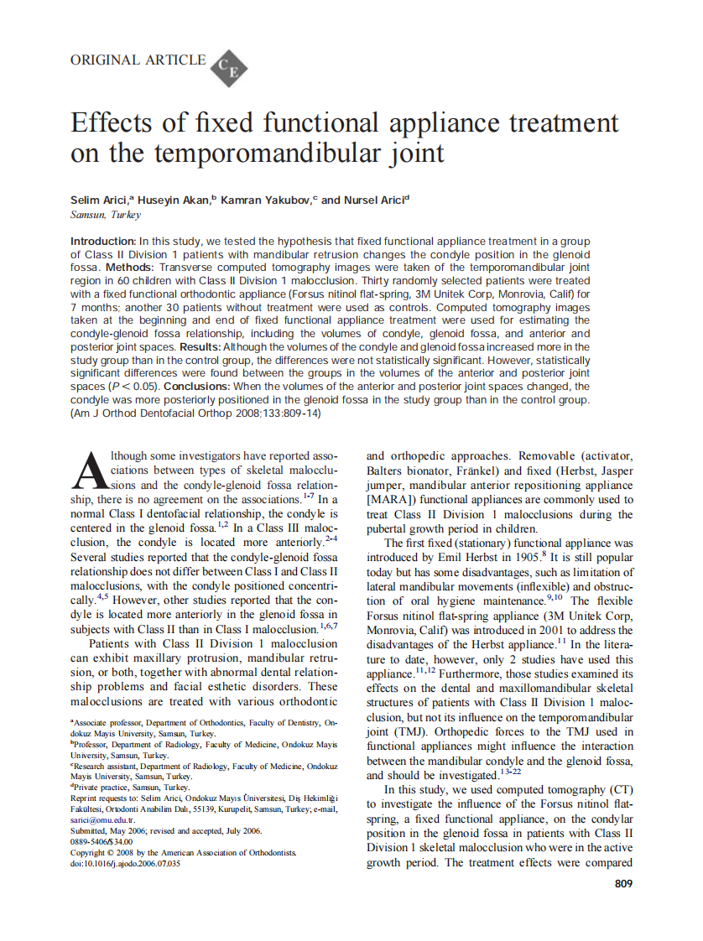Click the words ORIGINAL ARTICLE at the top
pos(138,60)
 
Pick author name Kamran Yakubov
pos(264,200)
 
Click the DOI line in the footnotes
pos(125,864)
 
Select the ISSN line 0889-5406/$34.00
pos(102,841)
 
